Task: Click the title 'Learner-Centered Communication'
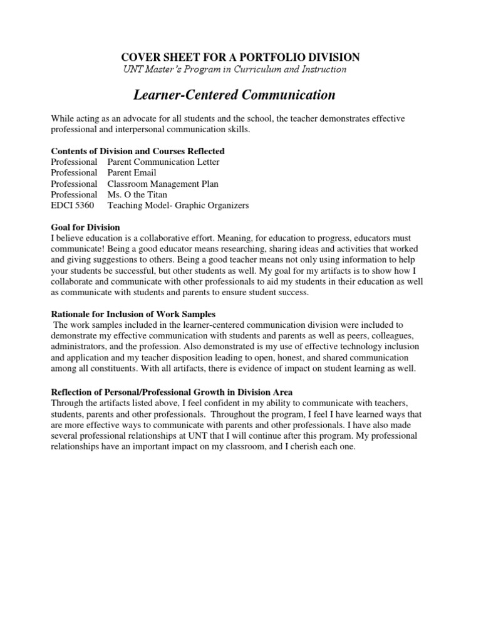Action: tap(235, 95)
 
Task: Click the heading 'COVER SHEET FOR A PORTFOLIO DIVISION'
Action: tap(235, 56)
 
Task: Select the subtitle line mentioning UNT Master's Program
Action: tap(235, 69)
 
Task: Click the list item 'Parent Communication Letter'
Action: tap(163, 162)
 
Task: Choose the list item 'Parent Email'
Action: tap(132, 173)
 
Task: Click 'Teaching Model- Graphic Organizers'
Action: tap(178, 205)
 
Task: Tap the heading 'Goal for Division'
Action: tap(85, 227)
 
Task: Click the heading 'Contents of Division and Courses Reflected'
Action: tap(137, 152)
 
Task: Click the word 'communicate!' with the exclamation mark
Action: tap(77, 248)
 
